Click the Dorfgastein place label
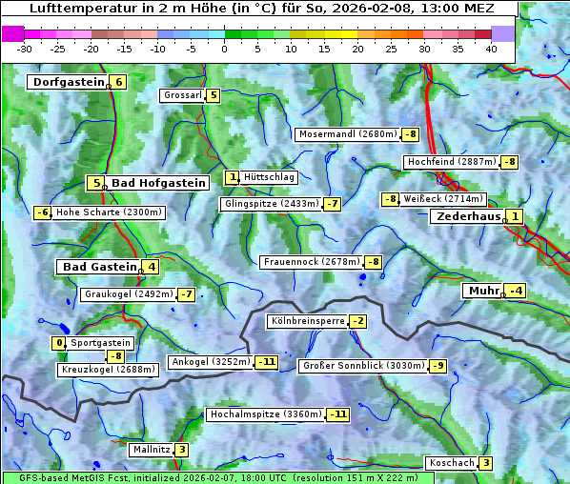[x=68, y=82]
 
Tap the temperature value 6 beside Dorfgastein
[x=119, y=82]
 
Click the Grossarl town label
[x=182, y=95]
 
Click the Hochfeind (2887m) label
[x=451, y=162]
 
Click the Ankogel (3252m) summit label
[x=210, y=362]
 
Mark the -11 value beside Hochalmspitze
[x=338, y=414]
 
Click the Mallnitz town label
[x=151, y=450]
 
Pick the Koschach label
[x=451, y=463]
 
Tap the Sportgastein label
[x=101, y=343]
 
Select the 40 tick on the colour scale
[x=491, y=48]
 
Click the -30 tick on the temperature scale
[x=25, y=48]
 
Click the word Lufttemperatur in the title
[x=77, y=9]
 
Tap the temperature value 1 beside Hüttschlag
[x=233, y=177]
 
